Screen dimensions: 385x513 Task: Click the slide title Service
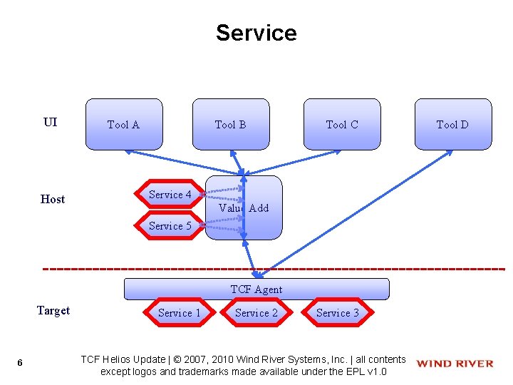(256, 33)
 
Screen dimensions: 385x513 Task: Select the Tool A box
(124, 124)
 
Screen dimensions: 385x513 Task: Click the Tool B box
(231, 124)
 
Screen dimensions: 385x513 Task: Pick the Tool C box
(342, 124)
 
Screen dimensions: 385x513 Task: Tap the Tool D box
(452, 124)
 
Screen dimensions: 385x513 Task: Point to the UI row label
(50, 122)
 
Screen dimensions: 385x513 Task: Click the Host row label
(53, 199)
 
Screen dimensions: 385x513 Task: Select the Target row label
(53, 310)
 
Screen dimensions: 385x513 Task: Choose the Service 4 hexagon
(170, 194)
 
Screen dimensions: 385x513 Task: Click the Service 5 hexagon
(170, 225)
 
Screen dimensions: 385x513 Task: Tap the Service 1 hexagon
(180, 312)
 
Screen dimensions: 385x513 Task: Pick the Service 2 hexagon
(256, 312)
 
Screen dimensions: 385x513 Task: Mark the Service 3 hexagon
(338, 312)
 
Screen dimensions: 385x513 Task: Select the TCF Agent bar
(256, 289)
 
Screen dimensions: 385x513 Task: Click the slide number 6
(20, 364)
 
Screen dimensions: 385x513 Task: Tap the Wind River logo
(455, 364)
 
